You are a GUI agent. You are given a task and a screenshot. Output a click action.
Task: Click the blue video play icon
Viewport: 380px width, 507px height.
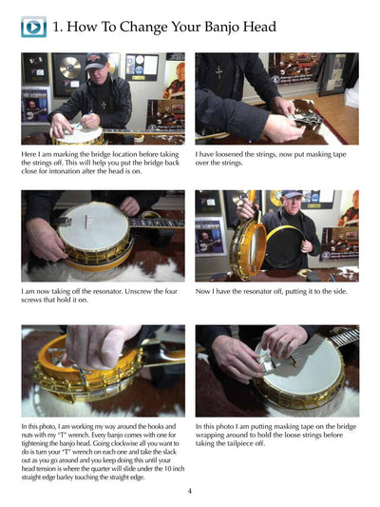coord(33,27)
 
